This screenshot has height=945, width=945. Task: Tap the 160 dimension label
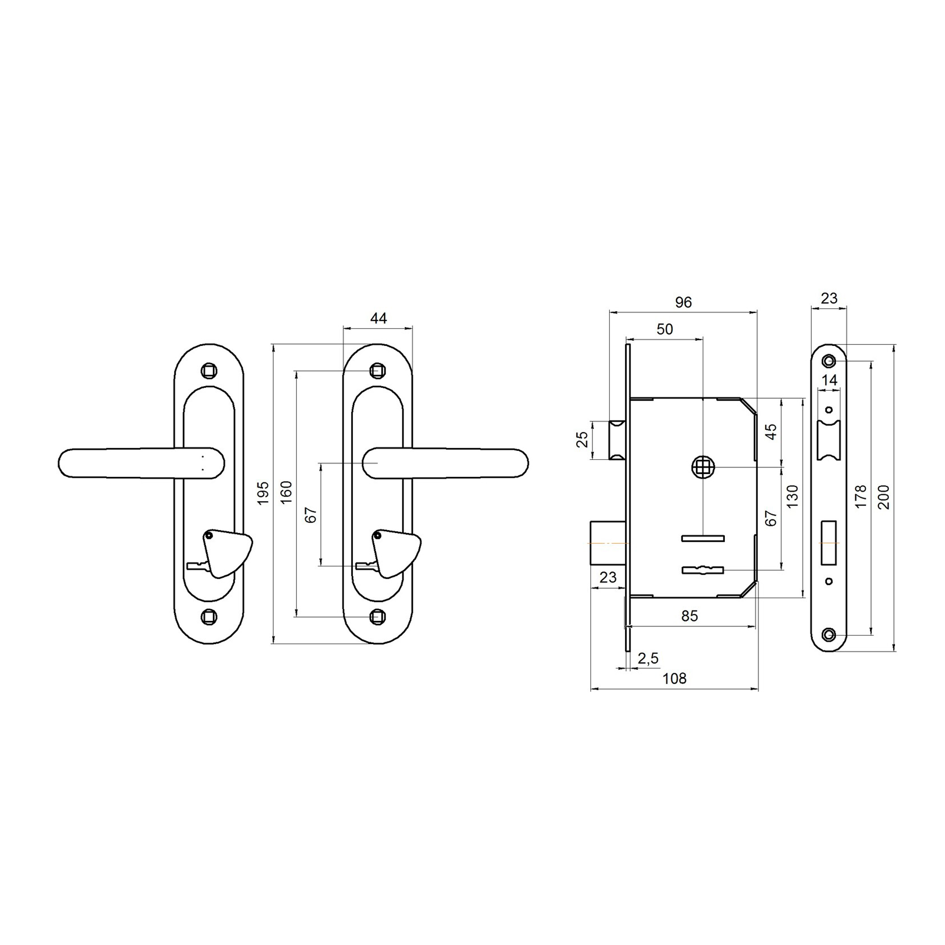[286, 492]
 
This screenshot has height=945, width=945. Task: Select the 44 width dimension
[378, 318]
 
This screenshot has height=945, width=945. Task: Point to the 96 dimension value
[683, 302]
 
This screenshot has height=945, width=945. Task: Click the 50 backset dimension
[665, 329]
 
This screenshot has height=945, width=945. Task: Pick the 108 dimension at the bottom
[675, 679]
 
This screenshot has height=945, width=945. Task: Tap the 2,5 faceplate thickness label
[648, 659]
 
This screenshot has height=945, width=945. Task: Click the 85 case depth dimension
[689, 616]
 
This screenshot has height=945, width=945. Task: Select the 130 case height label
[793, 496]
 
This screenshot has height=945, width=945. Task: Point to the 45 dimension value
[770, 432]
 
